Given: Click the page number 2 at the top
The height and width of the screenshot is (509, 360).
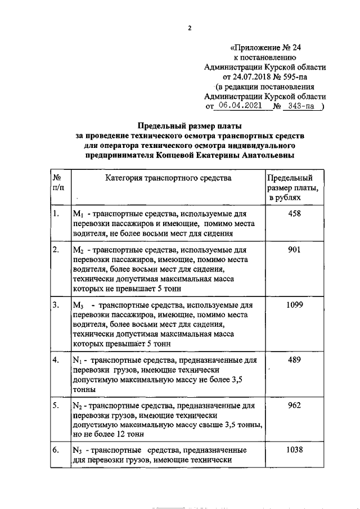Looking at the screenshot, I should pos(190,28).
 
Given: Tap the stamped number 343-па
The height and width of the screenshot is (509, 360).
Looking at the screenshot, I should pos(300,106).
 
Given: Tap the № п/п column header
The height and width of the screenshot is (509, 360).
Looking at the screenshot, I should pos(57,183).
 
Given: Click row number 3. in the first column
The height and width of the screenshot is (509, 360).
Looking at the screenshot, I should pos(56,304).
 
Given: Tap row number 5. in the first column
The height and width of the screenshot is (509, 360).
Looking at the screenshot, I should pos(56,405).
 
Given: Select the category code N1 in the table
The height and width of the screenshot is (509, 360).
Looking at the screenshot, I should pos(78,360).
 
